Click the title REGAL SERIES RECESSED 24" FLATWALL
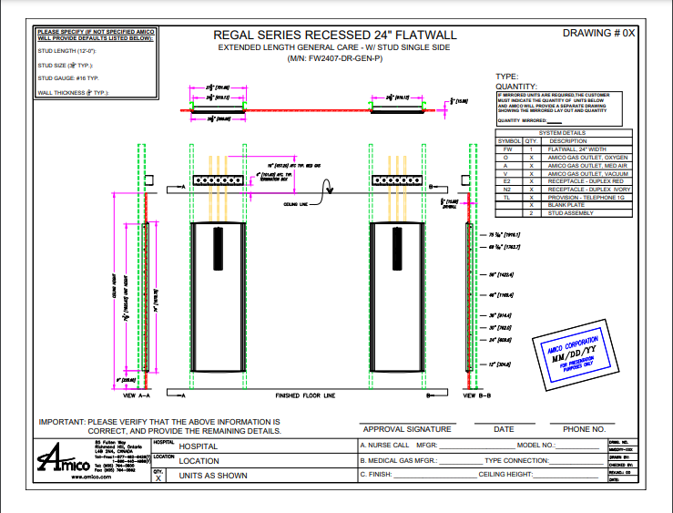coord(334,35)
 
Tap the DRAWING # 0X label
coord(598,33)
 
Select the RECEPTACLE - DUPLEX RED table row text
coord(586,181)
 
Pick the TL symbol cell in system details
coord(507,198)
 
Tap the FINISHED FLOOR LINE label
coord(305,396)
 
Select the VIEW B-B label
coord(476,396)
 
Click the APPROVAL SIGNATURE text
coord(406,428)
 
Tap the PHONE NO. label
coord(584,428)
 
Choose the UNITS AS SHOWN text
coord(213,476)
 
